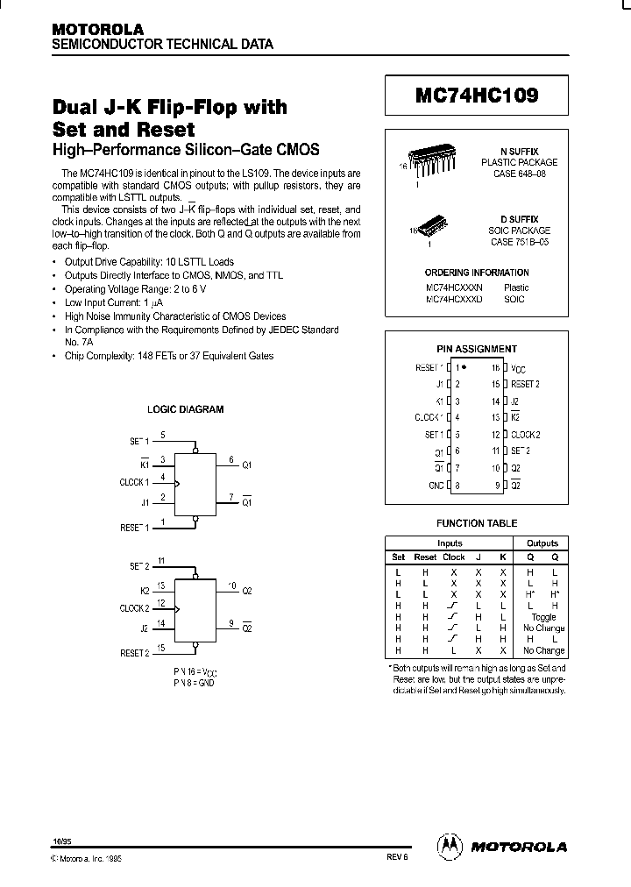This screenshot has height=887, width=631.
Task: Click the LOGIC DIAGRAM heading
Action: point(185,409)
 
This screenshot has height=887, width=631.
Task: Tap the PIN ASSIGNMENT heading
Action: point(477,349)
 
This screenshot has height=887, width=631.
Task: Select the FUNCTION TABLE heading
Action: point(477,523)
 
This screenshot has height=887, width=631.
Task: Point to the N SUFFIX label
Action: point(520,152)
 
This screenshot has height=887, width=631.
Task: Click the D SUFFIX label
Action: point(520,218)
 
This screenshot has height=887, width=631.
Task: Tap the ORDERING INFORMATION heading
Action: point(477,273)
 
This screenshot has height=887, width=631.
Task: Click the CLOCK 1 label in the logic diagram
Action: point(135,482)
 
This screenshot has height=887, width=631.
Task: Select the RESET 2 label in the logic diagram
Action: point(135,653)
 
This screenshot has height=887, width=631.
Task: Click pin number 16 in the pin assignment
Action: point(495,369)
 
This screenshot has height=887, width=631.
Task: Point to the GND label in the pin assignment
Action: point(436,486)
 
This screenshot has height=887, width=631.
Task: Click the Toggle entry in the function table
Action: point(543,617)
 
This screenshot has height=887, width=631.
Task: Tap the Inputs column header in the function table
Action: point(449,543)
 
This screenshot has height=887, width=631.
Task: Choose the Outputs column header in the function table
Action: point(542,543)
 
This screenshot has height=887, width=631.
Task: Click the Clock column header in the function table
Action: point(454,557)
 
